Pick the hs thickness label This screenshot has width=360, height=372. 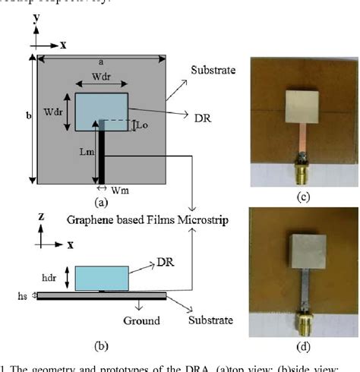(x=23, y=296)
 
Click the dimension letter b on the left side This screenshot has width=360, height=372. (x=27, y=116)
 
